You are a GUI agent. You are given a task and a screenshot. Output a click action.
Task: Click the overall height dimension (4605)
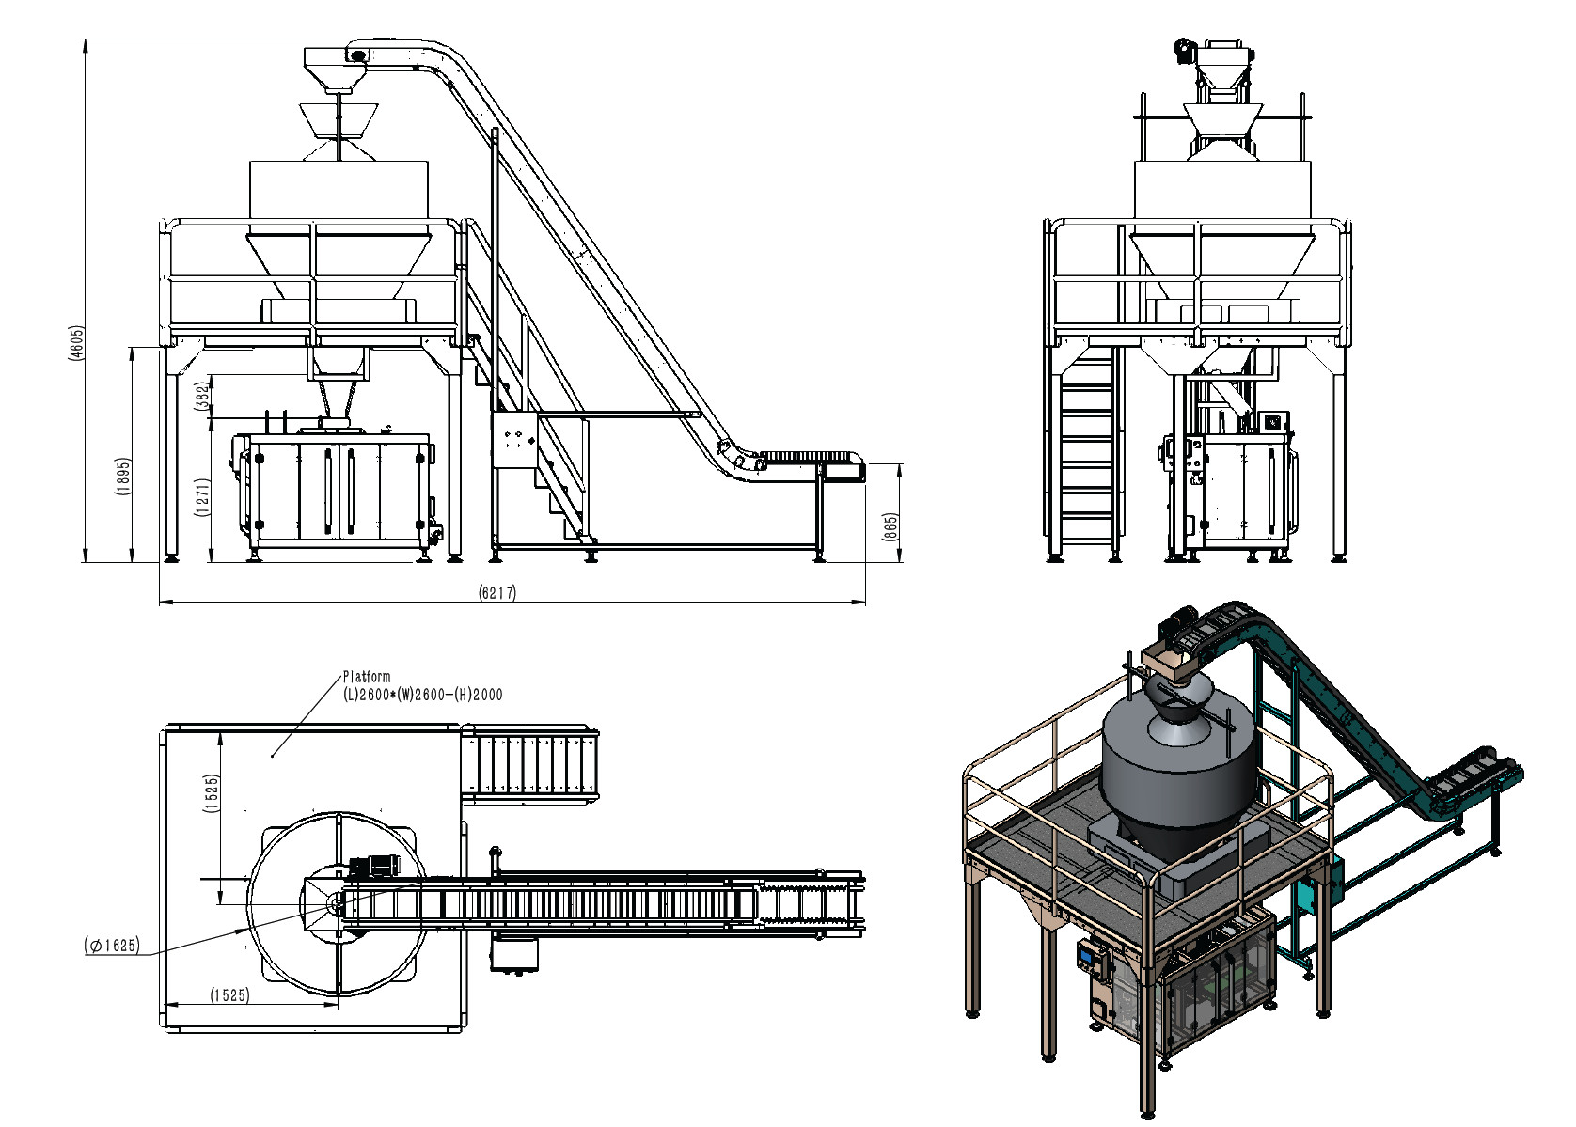click(77, 343)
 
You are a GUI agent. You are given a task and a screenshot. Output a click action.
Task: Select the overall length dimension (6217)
click(497, 592)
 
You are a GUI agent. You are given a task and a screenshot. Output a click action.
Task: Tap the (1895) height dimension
click(123, 477)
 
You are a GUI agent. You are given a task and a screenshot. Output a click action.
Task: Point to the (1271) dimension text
click(202, 497)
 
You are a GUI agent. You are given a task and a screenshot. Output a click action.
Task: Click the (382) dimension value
click(202, 396)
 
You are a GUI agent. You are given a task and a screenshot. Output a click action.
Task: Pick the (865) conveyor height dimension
click(890, 527)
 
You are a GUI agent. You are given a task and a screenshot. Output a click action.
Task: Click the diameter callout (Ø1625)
click(112, 945)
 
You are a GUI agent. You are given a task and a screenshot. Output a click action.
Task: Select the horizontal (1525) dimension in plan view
click(230, 994)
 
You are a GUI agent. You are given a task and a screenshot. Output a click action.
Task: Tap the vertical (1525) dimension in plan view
click(212, 793)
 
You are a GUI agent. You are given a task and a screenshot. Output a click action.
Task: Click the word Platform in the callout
click(367, 676)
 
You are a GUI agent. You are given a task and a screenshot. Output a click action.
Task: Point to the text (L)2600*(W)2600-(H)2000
click(423, 695)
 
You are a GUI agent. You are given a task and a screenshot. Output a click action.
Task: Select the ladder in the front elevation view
click(1088, 450)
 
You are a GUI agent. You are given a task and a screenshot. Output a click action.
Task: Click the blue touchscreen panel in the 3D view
click(1088, 955)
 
